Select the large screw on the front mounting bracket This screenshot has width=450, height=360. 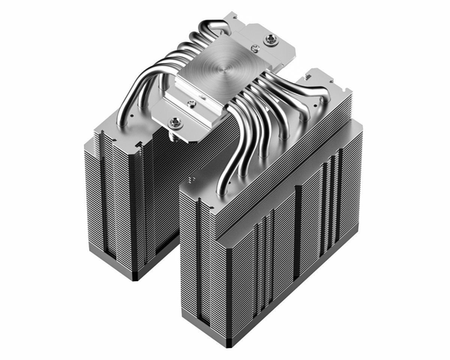tap(176, 122)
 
